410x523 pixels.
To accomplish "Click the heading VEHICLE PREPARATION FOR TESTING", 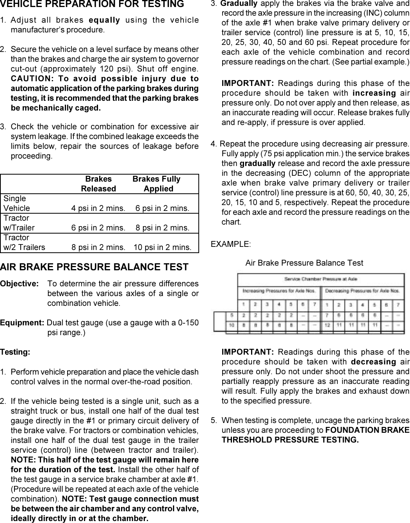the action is tap(92, 4).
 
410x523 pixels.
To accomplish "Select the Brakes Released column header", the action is tap(98, 184).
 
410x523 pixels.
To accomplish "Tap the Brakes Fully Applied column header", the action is tap(157, 184).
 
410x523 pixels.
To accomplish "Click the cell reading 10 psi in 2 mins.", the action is tap(162, 247).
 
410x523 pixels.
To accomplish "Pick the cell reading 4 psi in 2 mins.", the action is tap(98, 208).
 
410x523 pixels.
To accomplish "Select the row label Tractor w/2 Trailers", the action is tap(24, 243).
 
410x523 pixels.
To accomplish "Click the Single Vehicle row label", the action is tap(16, 203).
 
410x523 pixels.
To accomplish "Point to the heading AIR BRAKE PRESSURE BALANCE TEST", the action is tap(94, 267).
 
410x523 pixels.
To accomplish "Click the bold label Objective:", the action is tap(19, 284).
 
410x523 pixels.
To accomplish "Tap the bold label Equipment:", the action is tap(22, 323).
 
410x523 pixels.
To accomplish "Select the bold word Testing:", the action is tap(15, 352).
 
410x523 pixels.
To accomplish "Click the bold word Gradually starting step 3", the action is tap(239, 4).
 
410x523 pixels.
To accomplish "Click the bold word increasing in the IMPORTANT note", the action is tap(374, 93).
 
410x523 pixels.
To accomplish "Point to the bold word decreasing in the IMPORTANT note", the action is tap(373, 362).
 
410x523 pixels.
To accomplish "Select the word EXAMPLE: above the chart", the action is tap(231, 244).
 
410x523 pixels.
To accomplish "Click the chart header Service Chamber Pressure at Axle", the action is tap(321, 279).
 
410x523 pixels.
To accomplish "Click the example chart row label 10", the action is tap(232, 325).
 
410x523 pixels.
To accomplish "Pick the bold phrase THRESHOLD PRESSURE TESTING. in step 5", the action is tap(290, 440).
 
